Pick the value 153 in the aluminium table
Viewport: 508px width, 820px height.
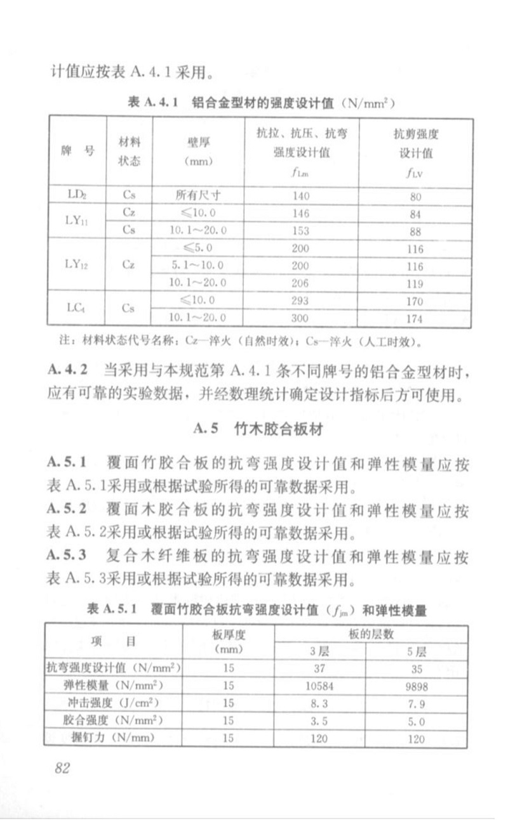(x=300, y=230)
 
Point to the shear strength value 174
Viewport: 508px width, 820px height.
(x=416, y=318)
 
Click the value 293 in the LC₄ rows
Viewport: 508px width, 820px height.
(x=300, y=301)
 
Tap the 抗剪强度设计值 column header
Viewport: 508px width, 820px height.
(x=416, y=153)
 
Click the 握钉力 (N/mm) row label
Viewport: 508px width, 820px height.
(x=114, y=738)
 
